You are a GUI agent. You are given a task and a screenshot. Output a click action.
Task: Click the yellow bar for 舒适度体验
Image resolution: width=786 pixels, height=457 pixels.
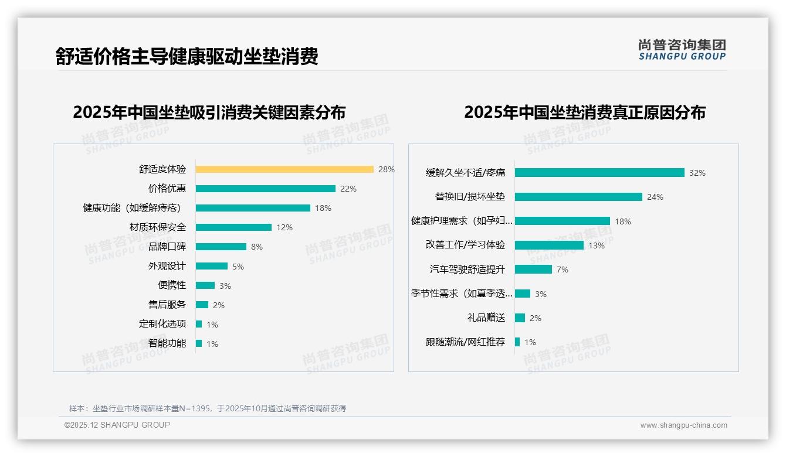(x=284, y=169)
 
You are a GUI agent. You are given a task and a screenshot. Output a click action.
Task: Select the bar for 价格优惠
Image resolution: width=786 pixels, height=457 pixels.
(x=265, y=189)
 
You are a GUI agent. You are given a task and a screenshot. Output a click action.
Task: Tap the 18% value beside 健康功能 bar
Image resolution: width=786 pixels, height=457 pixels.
(x=323, y=208)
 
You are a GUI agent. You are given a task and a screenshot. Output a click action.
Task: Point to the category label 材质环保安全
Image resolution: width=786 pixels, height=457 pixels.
(x=158, y=227)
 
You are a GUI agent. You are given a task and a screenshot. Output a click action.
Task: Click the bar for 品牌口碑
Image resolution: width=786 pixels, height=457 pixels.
(x=221, y=247)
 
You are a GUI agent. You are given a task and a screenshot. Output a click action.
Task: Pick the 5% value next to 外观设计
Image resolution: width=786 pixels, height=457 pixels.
(x=238, y=267)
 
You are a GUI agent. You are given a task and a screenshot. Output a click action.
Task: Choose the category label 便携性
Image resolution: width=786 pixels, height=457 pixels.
(x=172, y=285)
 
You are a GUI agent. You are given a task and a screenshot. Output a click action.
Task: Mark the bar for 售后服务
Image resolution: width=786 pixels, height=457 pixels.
(x=202, y=305)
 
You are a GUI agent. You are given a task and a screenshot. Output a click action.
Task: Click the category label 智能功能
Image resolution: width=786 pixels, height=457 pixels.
(x=167, y=343)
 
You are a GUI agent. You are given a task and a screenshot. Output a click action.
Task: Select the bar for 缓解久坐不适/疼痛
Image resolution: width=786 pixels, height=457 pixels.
(x=599, y=173)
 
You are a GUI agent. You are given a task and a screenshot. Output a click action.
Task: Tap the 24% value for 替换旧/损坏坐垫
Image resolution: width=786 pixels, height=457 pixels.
(x=655, y=197)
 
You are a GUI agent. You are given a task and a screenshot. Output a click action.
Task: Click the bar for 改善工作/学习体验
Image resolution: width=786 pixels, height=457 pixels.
(x=549, y=245)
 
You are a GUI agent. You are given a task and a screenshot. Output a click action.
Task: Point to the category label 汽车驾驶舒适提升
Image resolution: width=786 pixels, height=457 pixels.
(x=467, y=270)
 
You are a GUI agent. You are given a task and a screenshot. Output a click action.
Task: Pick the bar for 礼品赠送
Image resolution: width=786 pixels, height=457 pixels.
(x=520, y=318)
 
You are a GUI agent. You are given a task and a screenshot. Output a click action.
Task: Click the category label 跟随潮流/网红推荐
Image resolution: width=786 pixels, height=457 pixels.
(x=465, y=342)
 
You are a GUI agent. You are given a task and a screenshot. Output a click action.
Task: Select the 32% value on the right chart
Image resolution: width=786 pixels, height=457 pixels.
(x=697, y=173)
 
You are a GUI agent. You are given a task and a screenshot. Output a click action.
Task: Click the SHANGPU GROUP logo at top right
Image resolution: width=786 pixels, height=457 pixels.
(x=682, y=50)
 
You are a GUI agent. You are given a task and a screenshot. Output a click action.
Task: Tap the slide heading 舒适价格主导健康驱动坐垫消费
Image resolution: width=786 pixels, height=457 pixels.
(x=187, y=57)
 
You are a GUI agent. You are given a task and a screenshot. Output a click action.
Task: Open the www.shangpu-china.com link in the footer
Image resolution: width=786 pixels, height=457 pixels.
(x=683, y=425)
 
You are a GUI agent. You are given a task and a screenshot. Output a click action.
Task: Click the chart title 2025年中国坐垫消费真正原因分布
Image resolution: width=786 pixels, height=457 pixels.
(x=585, y=112)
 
